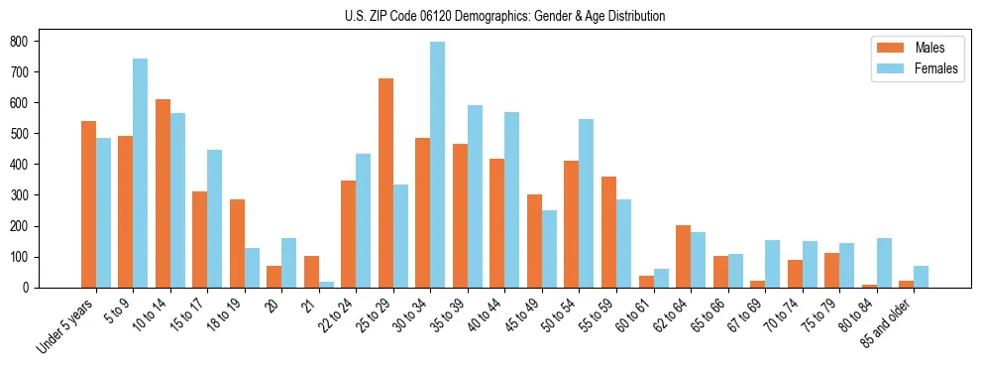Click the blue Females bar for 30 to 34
click(x=437, y=165)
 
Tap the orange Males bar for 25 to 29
click(x=385, y=183)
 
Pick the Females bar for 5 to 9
click(x=140, y=173)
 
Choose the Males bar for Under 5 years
click(x=88, y=204)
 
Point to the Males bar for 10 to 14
click(x=163, y=193)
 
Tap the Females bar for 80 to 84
click(x=883, y=263)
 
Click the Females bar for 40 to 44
click(x=511, y=199)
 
